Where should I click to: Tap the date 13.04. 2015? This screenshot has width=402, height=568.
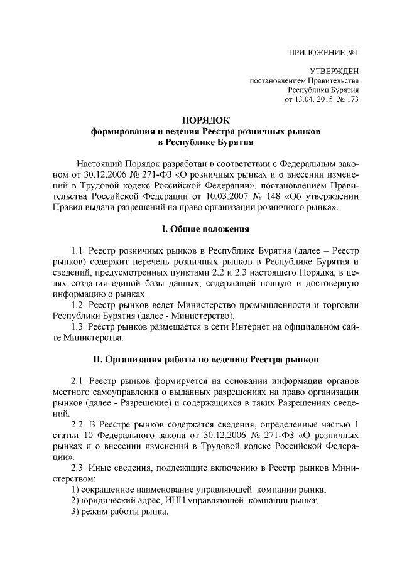[315, 99]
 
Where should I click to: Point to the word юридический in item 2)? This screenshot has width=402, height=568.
[106, 500]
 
